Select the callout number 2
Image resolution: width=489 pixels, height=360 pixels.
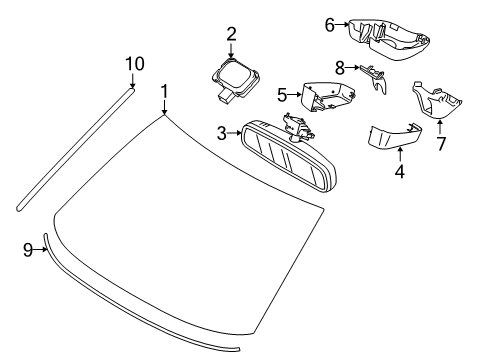pos(231,33)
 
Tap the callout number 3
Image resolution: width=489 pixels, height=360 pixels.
pos(222,131)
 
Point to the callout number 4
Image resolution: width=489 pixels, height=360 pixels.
pos(400,171)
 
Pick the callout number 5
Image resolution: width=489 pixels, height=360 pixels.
pos(283,95)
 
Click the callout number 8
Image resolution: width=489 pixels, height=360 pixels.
pos(341,69)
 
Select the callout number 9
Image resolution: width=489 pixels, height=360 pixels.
pos(28,251)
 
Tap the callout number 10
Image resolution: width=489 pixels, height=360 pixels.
pos(134,64)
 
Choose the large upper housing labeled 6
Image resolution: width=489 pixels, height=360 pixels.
pos(390,37)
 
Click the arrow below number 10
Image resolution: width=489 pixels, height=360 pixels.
pos(134,82)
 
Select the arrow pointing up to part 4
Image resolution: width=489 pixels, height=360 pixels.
pos(400,153)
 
